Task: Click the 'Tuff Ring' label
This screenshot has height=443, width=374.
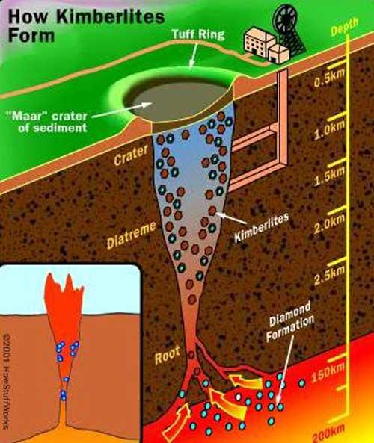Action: [x=198, y=34]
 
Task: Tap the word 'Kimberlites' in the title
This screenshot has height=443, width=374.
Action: [x=111, y=16]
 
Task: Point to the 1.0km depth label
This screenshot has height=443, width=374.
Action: [x=330, y=130]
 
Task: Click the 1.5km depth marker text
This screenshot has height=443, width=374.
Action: [x=330, y=176]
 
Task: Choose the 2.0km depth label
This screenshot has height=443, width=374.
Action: [x=330, y=224]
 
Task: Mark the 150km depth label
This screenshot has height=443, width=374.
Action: [x=328, y=373]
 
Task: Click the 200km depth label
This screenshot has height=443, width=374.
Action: [x=329, y=433]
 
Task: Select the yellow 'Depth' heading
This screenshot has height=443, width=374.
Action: [x=344, y=27]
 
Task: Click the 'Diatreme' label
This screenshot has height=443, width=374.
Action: [x=131, y=235]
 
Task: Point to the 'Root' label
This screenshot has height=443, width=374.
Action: [x=168, y=356]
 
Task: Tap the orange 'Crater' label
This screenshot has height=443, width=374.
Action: [x=131, y=155]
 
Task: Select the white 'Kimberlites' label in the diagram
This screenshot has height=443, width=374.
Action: [x=262, y=227]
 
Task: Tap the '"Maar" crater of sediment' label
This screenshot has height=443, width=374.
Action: [x=46, y=122]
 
